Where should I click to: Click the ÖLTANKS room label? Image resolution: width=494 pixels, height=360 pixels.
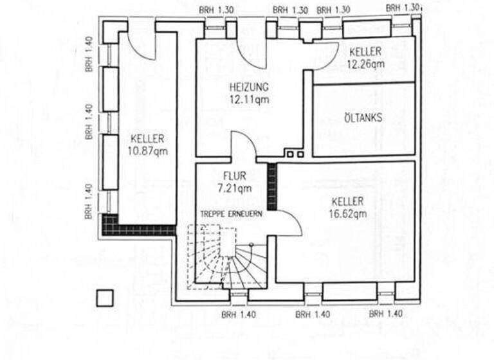363,118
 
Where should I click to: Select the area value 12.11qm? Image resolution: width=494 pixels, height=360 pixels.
249,99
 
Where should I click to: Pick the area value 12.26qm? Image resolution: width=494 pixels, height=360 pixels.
365,64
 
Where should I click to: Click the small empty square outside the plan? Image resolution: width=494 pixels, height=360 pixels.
104,297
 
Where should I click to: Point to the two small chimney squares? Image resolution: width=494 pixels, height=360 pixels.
295,154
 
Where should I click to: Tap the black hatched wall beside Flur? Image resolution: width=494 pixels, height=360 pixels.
271,186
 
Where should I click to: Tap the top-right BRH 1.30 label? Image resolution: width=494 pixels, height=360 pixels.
403,7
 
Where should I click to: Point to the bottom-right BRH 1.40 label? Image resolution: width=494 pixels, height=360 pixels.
387,314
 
